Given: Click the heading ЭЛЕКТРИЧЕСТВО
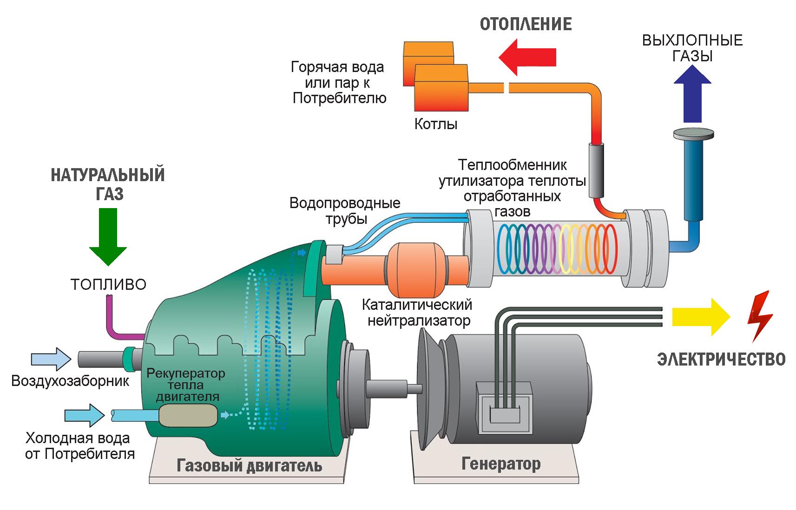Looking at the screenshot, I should (721, 359).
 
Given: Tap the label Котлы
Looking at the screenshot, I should (435, 124).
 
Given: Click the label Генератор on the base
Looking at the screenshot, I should (501, 464).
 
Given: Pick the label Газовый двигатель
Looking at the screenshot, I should (249, 465).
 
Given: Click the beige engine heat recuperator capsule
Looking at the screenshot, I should (188, 415).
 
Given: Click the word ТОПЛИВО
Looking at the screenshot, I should (108, 284).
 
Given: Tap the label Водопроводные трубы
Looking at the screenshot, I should (345, 210).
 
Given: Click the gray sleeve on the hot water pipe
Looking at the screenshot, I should (597, 170).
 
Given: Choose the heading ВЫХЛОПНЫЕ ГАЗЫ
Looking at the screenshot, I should (692, 48).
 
